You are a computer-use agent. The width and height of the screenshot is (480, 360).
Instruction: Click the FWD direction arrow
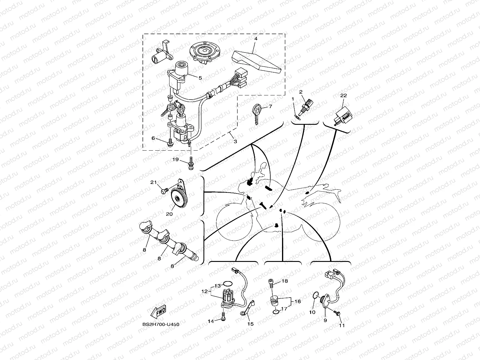click(159, 312)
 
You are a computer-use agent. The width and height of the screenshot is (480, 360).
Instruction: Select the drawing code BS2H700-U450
click(161, 324)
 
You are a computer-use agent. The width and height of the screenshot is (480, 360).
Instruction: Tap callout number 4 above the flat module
click(256, 39)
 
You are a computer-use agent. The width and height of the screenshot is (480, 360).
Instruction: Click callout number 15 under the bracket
click(250, 324)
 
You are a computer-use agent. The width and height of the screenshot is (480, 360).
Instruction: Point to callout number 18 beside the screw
click(284, 281)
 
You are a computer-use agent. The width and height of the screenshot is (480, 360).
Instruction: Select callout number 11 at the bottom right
click(342, 325)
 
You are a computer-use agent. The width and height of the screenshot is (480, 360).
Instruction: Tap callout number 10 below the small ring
click(312, 312)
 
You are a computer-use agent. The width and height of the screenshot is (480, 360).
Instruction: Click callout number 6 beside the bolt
click(153, 138)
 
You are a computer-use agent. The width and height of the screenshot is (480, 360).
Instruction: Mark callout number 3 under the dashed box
click(235, 141)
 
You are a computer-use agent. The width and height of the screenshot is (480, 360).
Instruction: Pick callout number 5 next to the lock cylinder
click(200, 77)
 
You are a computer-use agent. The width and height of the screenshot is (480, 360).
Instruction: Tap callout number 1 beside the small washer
click(292, 99)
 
